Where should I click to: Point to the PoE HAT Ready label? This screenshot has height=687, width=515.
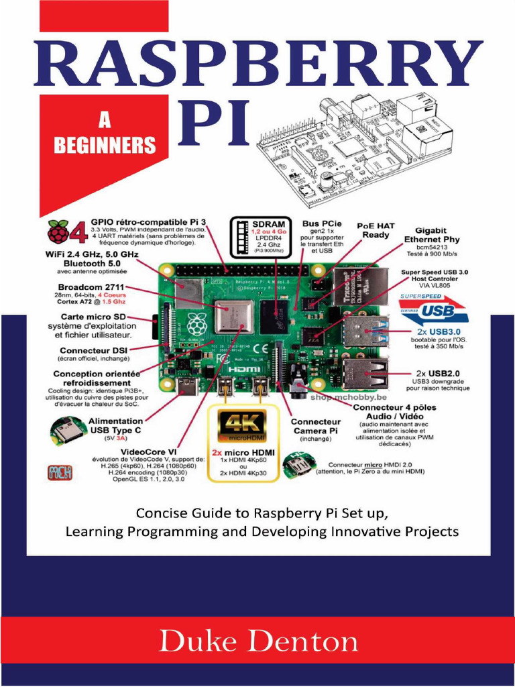click(x=376, y=231)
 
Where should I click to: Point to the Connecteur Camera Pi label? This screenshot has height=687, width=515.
click(x=315, y=426)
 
